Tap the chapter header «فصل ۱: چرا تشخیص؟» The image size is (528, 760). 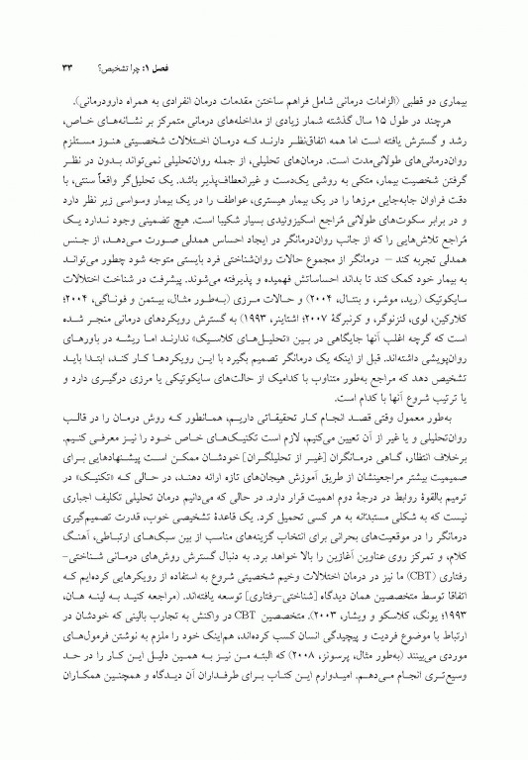click(435, 68)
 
